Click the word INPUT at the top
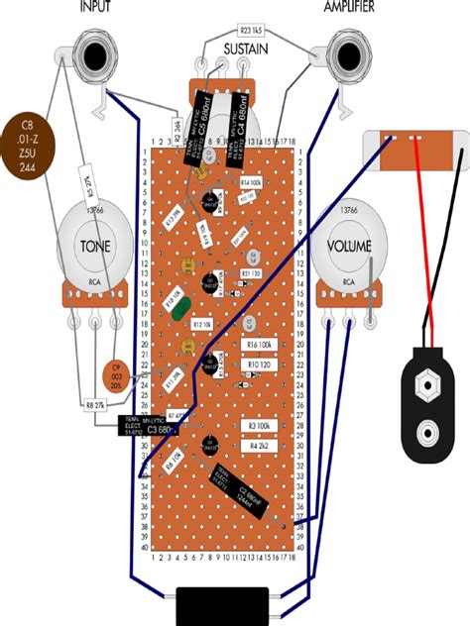(x=96, y=7)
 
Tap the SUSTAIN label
(x=244, y=49)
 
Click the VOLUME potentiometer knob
(x=348, y=245)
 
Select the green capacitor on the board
(x=180, y=310)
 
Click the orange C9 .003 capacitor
(x=119, y=373)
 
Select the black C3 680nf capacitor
(x=149, y=428)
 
